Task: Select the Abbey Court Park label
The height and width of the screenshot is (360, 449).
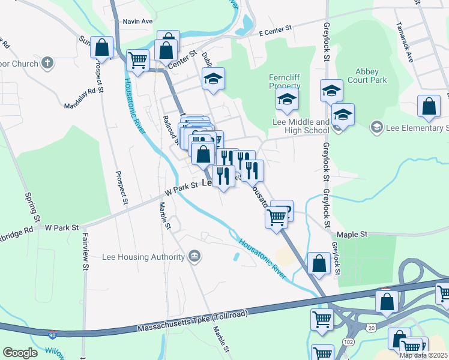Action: point(371,75)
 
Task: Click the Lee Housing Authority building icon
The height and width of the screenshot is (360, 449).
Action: point(194,257)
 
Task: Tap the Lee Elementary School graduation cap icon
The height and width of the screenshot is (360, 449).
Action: point(376,127)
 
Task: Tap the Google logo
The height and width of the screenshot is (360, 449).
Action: point(20,353)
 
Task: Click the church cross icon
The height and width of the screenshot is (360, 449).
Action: point(47,62)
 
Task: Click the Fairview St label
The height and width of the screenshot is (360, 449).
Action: point(86,252)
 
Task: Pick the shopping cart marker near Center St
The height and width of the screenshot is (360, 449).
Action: point(138,60)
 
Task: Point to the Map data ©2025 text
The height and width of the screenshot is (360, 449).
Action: point(423,355)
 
